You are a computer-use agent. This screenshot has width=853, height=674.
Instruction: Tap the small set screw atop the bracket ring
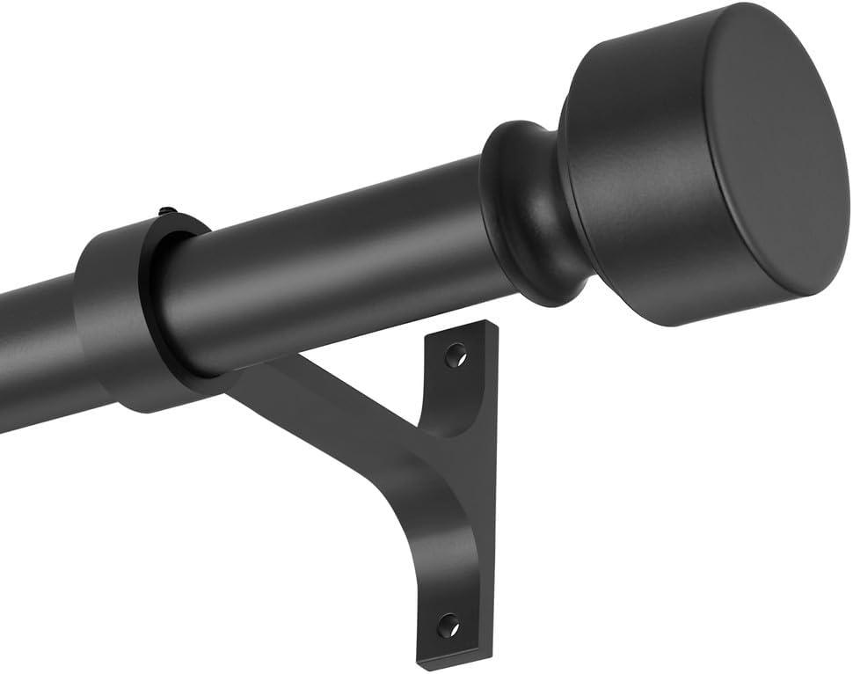tap(164, 212)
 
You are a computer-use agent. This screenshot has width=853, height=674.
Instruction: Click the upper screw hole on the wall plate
tap(454, 355)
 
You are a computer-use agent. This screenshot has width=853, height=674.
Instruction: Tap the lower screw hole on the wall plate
tap(448, 626)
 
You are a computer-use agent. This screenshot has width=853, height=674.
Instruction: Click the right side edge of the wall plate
tap(486, 493)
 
